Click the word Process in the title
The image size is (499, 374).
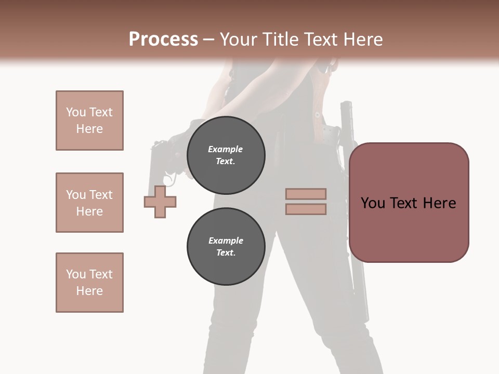click(x=163, y=39)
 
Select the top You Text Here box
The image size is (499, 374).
click(x=89, y=121)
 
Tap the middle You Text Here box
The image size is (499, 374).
click(x=89, y=203)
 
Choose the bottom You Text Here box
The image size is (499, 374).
click(x=89, y=283)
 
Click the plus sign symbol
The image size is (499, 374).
click(x=160, y=202)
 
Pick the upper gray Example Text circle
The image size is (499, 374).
click(x=226, y=155)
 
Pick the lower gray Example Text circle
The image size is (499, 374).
click(x=226, y=247)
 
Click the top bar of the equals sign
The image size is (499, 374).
click(x=306, y=194)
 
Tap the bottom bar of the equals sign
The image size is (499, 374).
click(x=306, y=209)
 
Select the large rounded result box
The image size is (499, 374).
click(x=409, y=203)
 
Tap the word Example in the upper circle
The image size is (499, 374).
click(x=226, y=149)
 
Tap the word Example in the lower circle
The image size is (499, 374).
click(x=226, y=241)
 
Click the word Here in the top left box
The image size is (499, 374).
click(x=89, y=129)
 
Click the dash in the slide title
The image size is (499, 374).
click(x=208, y=39)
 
